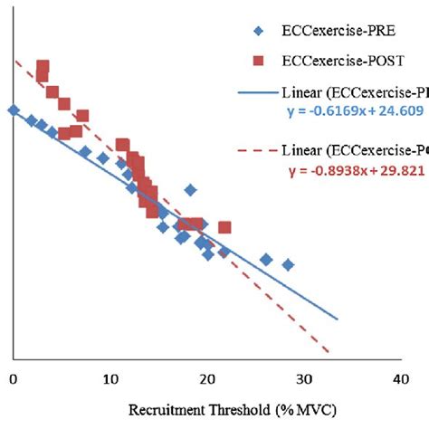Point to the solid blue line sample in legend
tap(257, 91)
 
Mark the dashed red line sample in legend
tap(257, 149)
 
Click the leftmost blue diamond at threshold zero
tap(13, 110)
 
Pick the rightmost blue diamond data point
tap(288, 264)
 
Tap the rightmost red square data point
tap(224, 227)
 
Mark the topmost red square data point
tap(43, 67)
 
